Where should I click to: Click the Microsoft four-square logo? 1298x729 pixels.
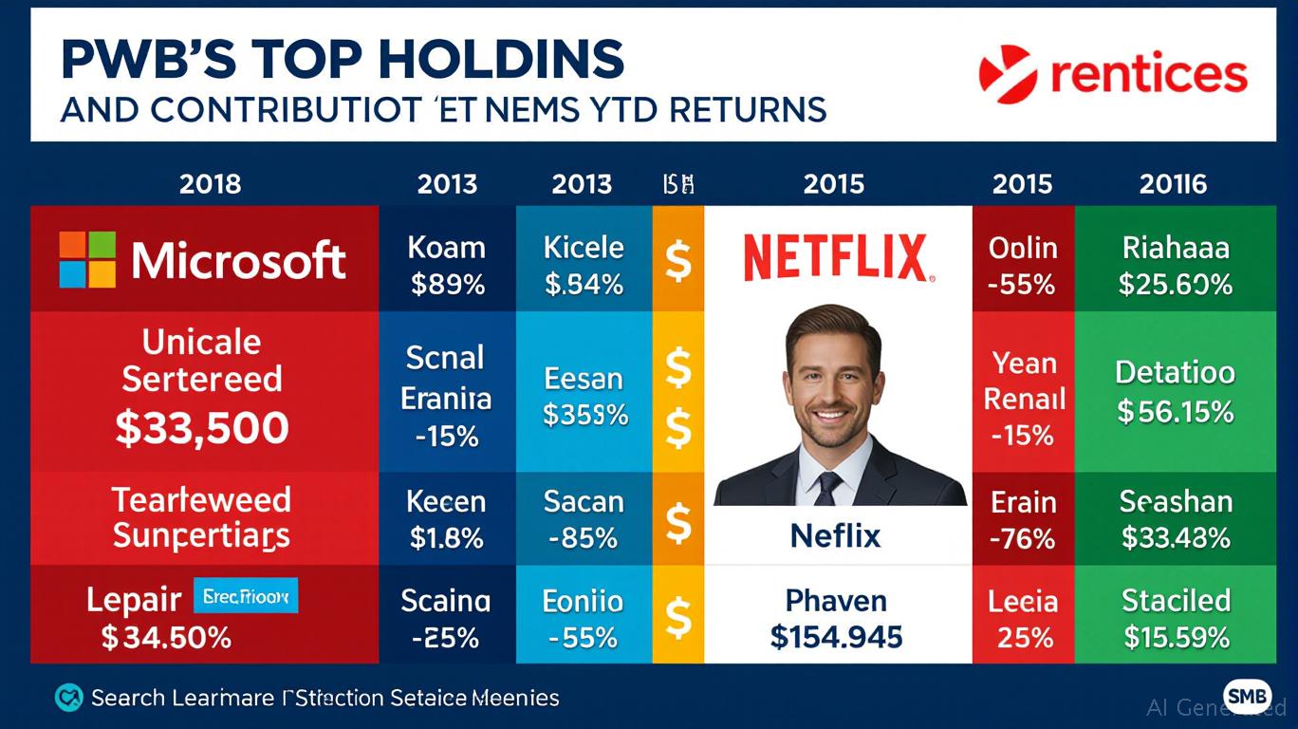[x=87, y=259]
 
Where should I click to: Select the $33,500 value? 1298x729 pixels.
[x=201, y=429]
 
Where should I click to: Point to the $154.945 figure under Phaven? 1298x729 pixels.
[x=836, y=636]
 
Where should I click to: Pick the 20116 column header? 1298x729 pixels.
[x=1174, y=183]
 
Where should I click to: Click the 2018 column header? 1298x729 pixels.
[x=210, y=183]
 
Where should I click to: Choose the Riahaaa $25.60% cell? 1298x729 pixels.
[x=1176, y=266]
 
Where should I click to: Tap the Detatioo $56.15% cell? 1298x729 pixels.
[x=1176, y=391]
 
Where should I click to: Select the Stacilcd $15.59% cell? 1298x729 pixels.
[x=1176, y=617]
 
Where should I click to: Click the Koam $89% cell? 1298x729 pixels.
[x=446, y=266]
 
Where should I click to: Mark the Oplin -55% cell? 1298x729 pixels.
[x=1023, y=266]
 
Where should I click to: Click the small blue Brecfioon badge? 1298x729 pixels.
[x=245, y=596]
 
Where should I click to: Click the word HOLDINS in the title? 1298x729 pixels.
[x=500, y=59]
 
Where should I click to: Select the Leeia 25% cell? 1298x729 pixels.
[x=1023, y=617]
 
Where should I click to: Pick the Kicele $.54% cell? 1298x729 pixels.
[x=584, y=266]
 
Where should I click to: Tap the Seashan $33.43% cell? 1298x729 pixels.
[x=1176, y=518]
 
